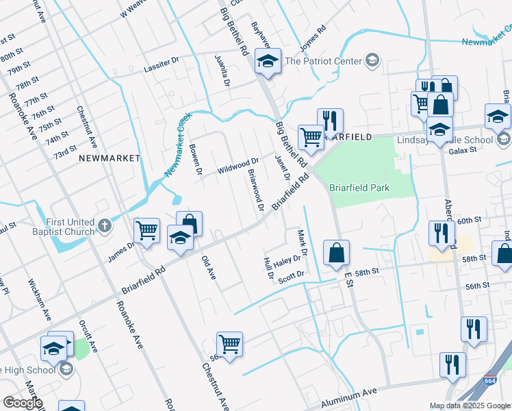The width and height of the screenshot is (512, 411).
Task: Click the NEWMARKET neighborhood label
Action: click(x=109, y=158)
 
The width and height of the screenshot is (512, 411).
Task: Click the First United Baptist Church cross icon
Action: click(x=104, y=225)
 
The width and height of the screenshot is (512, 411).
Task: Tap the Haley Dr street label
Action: click(x=287, y=262)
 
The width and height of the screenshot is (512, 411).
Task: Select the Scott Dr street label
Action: click(x=290, y=275)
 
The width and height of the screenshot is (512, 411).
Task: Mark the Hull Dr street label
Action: click(x=268, y=271)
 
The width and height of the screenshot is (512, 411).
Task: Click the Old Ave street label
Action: click(x=209, y=267)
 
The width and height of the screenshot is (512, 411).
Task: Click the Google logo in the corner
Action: click(x=23, y=403)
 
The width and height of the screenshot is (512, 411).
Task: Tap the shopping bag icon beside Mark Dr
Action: click(x=336, y=253)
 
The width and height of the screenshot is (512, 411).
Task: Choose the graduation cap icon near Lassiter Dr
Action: click(x=268, y=62)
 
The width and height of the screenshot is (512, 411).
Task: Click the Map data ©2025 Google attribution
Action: click(x=470, y=406)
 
